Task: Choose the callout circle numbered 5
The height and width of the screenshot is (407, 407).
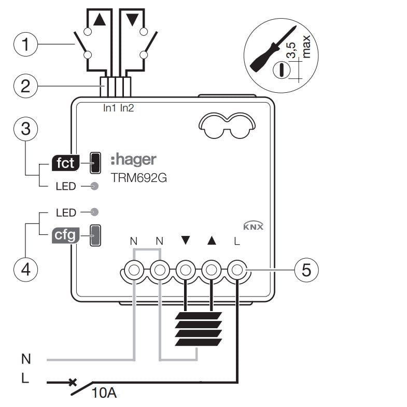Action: point(305,270)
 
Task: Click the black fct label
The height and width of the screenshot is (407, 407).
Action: point(65,163)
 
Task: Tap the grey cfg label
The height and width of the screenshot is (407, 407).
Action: point(65,236)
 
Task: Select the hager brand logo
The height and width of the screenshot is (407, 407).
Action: point(133,159)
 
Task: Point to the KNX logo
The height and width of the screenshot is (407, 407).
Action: point(253,227)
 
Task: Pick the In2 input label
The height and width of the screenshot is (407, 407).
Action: point(128,108)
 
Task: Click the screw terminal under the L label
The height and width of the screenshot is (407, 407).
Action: point(237,270)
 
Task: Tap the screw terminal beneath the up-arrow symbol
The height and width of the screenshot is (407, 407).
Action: point(211,270)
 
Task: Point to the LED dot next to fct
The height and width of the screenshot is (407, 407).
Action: point(94,186)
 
